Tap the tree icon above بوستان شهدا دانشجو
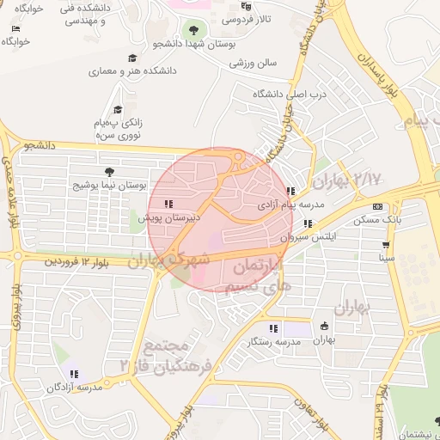pyautogui.click(x=192, y=30)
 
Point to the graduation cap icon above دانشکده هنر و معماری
pyautogui.click(x=131, y=58)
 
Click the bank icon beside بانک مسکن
pyautogui.click(x=378, y=207)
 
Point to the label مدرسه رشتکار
pyautogui.click(x=272, y=342)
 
